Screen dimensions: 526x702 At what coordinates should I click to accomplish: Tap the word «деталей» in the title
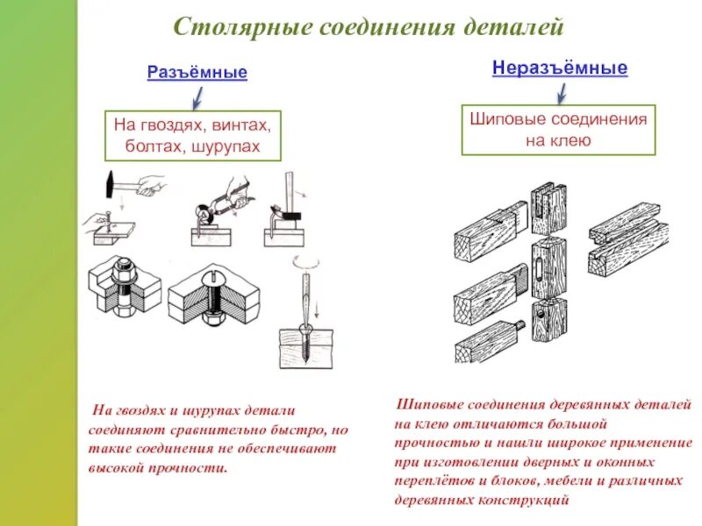point(519,27)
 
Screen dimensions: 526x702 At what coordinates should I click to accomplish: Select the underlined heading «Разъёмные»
point(197,72)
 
